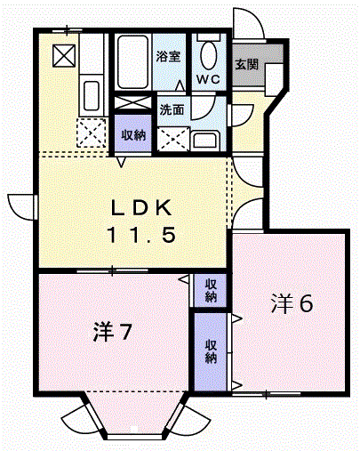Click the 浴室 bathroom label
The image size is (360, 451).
(x=168, y=56)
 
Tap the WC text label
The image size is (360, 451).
(x=209, y=79)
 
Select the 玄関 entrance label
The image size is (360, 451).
(x=247, y=64)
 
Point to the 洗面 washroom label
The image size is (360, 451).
(x=172, y=110)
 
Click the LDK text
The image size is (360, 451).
(x=141, y=208)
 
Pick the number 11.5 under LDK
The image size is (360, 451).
(x=142, y=234)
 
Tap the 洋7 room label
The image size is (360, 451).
(x=112, y=331)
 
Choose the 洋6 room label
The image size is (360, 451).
(x=292, y=304)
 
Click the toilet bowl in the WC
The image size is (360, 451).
(x=209, y=55)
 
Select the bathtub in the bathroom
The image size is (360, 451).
(x=132, y=61)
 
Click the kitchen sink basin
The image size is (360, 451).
(x=92, y=95)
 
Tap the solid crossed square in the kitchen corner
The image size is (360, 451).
(x=64, y=55)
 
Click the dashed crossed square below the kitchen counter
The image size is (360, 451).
(x=92, y=133)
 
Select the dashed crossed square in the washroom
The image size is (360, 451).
(x=173, y=139)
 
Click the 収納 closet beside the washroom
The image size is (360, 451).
(x=133, y=133)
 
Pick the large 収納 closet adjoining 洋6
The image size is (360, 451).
(x=211, y=351)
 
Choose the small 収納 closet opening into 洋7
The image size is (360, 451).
(x=211, y=290)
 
